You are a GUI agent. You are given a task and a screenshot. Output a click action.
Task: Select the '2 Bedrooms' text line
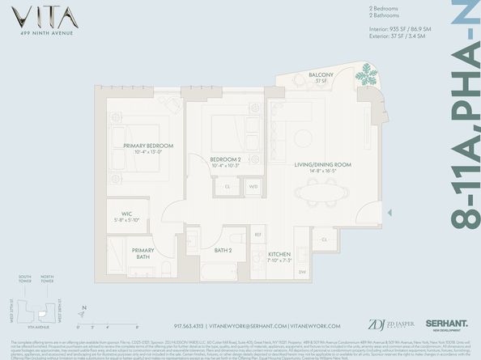373,11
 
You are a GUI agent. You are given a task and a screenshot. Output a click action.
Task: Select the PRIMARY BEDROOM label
143,147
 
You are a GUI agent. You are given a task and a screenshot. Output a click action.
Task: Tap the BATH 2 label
224,251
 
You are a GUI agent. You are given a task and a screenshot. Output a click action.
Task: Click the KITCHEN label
280,256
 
